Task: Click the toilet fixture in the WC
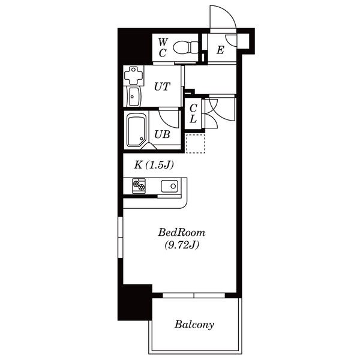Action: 185,47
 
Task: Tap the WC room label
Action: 163,48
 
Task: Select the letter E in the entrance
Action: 220,50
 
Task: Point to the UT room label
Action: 162,86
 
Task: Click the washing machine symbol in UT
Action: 134,76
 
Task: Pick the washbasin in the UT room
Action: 134,97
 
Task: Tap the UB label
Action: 162,134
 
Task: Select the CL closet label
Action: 193,113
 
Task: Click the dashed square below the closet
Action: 196,144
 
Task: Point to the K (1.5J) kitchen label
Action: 154,165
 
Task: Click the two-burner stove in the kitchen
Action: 139,185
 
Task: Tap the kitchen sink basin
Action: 169,186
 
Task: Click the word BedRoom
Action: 182,233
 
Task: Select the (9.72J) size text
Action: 182,245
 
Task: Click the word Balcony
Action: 194,325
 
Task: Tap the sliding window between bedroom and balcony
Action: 194,295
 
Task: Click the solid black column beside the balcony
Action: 135,302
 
